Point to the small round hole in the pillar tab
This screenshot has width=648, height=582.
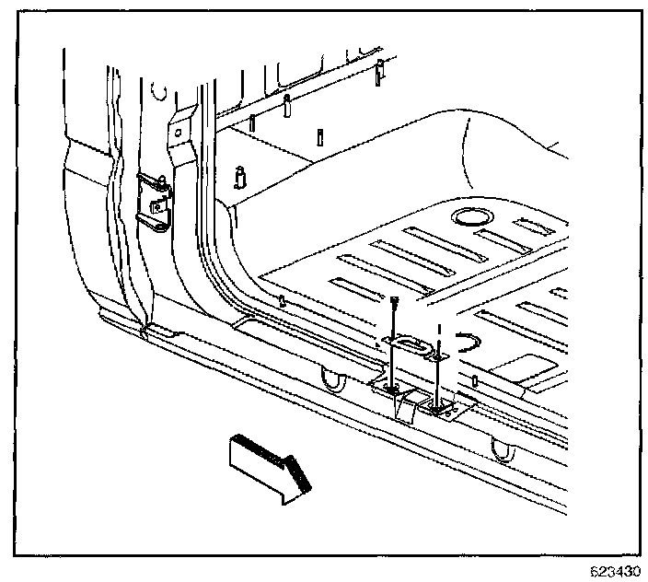tap(176, 134)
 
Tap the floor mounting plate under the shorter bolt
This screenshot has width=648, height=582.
tap(440, 405)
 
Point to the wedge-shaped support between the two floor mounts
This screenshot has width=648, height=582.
tap(410, 405)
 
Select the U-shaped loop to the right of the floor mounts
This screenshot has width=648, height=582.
tap(503, 449)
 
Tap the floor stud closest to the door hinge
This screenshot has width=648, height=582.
tap(241, 174)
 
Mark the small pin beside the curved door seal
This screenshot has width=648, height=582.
tap(283, 300)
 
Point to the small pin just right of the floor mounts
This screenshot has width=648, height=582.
tap(474, 381)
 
